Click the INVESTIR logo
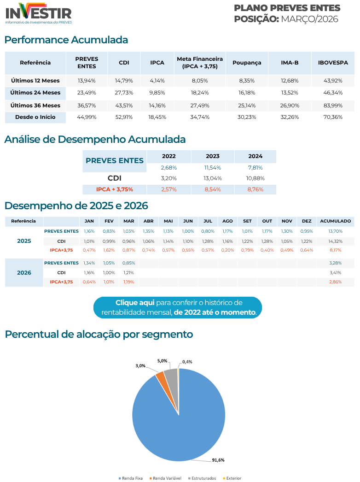point(39,13)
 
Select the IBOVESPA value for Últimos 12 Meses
point(333,81)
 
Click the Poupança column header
point(247,63)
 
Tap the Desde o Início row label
point(35,117)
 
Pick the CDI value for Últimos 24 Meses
point(124,93)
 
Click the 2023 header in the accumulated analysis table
point(213,156)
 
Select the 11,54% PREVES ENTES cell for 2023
point(213,168)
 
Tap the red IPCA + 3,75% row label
point(115,189)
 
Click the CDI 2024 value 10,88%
point(255,178)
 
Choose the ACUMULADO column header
point(335,221)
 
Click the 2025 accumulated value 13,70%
point(335,231)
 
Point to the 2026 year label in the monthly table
point(24,272)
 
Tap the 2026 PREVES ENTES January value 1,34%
point(89,263)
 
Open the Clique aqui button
point(178,307)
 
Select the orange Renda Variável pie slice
point(160,376)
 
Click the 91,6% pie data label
point(218,460)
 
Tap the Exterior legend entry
point(232,478)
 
